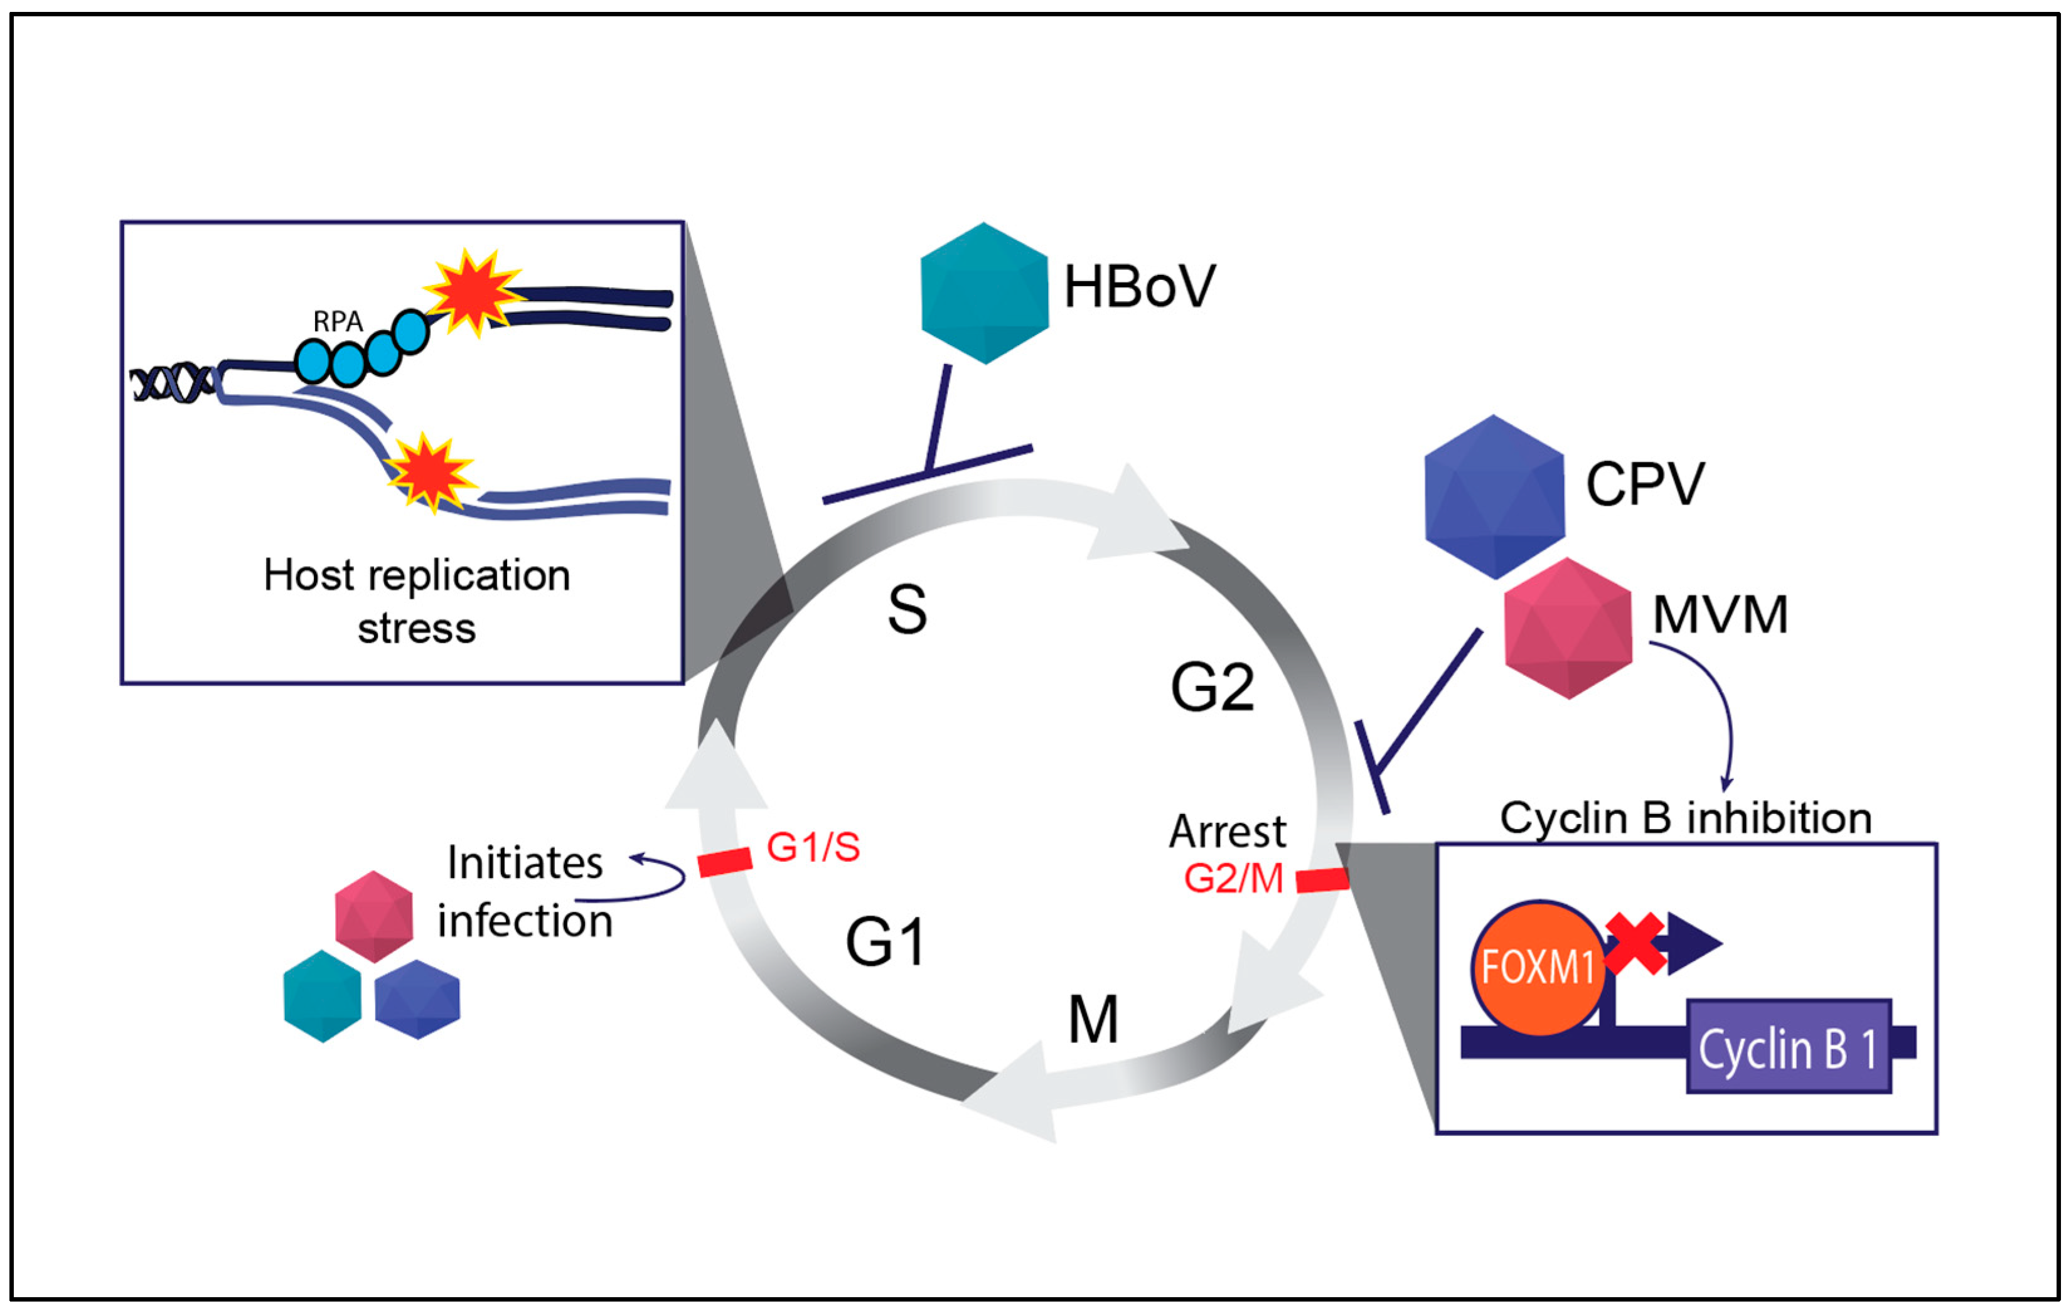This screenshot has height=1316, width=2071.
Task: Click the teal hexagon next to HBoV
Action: [x=984, y=293]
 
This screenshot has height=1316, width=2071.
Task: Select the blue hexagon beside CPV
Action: [x=1494, y=496]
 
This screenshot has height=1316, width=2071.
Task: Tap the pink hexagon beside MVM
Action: [x=1568, y=628]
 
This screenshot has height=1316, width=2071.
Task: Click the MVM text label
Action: [x=1720, y=615]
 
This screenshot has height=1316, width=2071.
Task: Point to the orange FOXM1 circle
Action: [x=1538, y=968]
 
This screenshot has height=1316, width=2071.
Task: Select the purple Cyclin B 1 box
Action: [x=1788, y=1047]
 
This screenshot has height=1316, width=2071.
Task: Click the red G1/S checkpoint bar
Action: [x=724, y=862]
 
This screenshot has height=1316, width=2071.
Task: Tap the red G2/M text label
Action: [x=1233, y=878]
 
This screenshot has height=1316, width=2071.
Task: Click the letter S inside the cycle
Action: [x=906, y=610]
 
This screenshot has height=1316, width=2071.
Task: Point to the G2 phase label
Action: [x=1212, y=687]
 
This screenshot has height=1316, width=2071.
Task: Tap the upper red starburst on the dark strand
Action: [x=471, y=292]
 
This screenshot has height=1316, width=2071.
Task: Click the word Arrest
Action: [x=1228, y=832]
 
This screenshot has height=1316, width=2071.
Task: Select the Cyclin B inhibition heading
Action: [x=1685, y=818]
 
